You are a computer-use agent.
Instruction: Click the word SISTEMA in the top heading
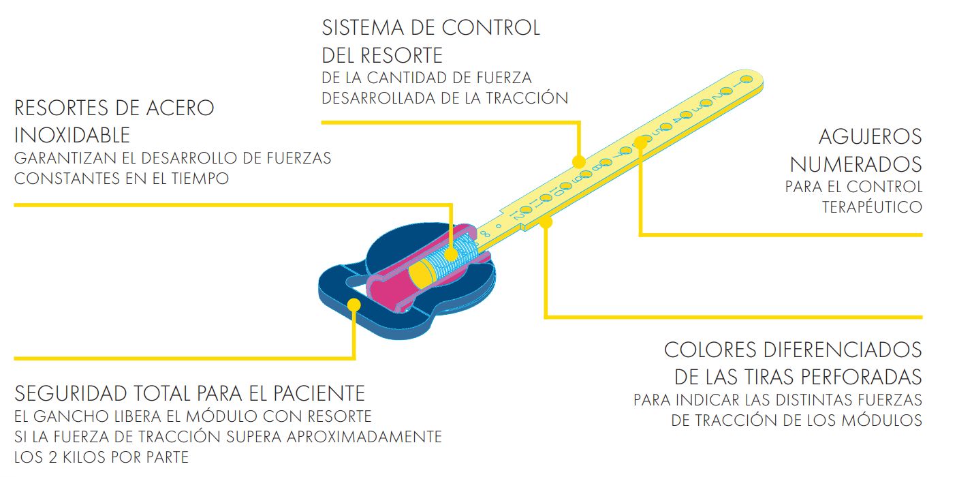click(363, 28)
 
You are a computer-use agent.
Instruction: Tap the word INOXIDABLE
click(72, 136)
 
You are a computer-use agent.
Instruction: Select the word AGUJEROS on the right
click(870, 137)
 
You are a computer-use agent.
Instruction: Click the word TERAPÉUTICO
click(872, 207)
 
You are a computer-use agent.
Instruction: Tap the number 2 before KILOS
click(53, 457)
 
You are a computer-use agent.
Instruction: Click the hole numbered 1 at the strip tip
click(747, 80)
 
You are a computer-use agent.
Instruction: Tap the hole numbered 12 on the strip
click(525, 209)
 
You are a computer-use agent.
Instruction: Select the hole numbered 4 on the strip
click(686, 115)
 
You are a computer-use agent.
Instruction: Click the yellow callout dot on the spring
click(451, 255)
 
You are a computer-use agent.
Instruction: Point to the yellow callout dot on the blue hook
click(354, 305)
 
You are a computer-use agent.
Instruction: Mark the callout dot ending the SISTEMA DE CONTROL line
click(578, 162)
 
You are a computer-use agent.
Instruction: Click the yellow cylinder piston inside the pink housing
click(422, 273)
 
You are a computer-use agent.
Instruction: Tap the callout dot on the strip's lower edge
click(546, 222)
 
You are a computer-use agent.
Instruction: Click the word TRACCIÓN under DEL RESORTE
click(527, 98)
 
